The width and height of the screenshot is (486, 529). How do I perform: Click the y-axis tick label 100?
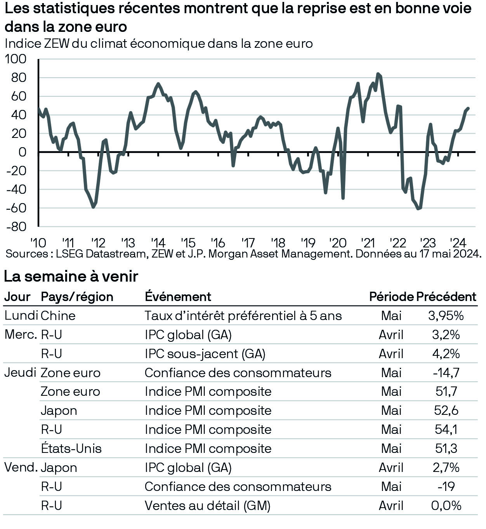[x=16, y=59]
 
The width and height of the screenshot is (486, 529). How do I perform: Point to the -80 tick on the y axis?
[x=16, y=227]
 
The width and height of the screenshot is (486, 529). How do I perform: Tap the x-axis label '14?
[x=158, y=243]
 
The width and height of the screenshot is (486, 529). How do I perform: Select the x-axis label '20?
[x=337, y=243]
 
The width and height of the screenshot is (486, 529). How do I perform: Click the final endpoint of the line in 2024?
[x=468, y=108]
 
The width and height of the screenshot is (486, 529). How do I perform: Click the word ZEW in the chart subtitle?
[x=57, y=44]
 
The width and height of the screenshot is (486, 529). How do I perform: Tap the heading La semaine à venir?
[x=71, y=276]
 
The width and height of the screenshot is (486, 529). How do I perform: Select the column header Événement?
[x=178, y=296]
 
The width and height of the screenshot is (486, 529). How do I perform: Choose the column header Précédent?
[x=446, y=296]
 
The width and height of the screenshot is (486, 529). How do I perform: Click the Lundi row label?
[x=21, y=315]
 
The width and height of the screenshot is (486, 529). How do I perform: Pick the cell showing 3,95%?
[x=446, y=315]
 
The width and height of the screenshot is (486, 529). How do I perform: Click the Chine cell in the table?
[x=58, y=315]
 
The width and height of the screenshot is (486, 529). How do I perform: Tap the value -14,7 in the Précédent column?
[x=446, y=372]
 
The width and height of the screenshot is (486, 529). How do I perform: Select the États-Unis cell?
[x=71, y=449]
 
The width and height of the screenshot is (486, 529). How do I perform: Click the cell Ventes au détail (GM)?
[x=207, y=506]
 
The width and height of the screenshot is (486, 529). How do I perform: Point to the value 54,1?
[x=446, y=430]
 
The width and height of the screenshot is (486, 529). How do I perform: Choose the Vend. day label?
[x=21, y=467]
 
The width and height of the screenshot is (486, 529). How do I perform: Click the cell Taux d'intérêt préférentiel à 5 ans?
[x=243, y=315]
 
